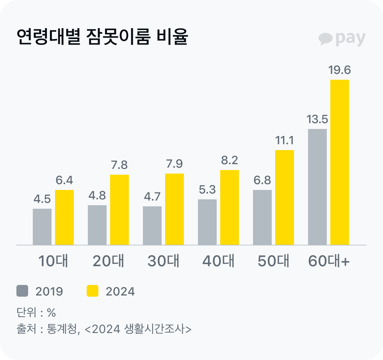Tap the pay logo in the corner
342,38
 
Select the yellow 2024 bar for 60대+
339,162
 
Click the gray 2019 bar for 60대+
317,187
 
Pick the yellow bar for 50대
284,197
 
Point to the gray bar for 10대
42,227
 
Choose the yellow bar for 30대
174,209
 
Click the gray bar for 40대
207,222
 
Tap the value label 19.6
339,70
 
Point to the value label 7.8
119,165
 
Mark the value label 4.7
152,197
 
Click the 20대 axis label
108,261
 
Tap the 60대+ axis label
329,261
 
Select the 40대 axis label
218,261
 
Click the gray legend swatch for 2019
23,291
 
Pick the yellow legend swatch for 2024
93,291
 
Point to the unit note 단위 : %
36,312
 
